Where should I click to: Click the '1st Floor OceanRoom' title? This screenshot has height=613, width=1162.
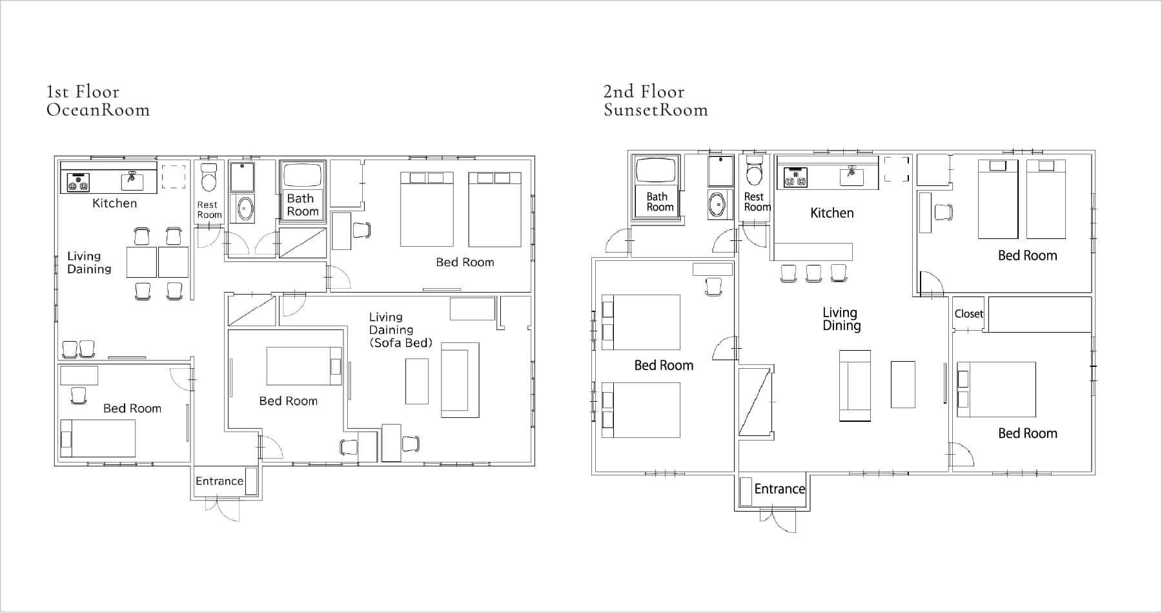pos(98,101)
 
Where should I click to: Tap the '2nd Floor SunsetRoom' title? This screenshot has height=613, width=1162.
pos(656,101)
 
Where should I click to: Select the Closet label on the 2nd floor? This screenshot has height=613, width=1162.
pos(968,314)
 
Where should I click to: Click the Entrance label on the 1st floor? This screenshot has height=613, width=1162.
pos(219,481)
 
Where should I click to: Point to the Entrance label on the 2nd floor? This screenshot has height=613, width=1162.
pos(780,489)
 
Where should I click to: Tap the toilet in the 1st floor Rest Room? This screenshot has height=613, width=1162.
pos(209,178)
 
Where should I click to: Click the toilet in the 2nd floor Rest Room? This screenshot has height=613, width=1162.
pos(754,171)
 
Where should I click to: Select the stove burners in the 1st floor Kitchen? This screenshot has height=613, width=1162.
pos(76,182)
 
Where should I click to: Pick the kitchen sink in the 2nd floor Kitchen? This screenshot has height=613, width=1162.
pos(851,176)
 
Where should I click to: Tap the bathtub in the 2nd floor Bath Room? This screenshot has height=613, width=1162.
pos(656,171)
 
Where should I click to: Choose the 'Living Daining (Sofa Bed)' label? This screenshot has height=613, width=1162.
pos(400,330)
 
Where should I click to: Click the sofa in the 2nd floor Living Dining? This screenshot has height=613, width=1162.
pos(855,386)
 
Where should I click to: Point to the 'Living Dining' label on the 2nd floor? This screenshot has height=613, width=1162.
pos(841,319)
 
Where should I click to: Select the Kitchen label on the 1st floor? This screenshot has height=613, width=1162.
pos(114,203)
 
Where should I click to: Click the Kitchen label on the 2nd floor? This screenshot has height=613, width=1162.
pos(832,213)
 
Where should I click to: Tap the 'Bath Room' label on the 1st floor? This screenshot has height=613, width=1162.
pos(303,205)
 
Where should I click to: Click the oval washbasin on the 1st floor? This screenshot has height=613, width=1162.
pos(245,208)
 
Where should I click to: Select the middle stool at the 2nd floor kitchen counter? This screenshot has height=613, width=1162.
pos(813,273)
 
